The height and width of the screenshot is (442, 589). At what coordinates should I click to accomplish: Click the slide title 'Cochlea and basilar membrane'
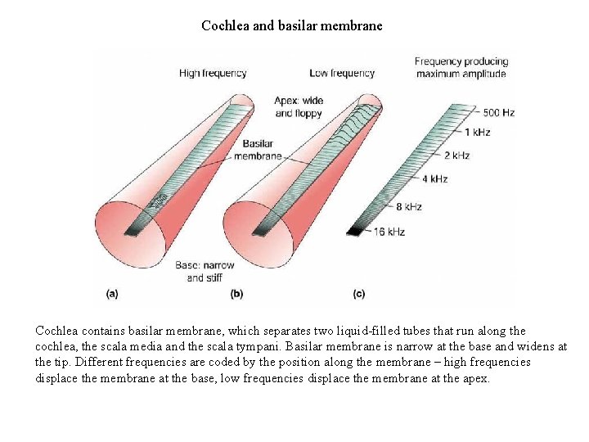[x=292, y=25]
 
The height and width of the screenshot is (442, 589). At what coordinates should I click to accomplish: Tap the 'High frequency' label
[x=213, y=73]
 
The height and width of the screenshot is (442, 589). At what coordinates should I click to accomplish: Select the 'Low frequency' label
[x=342, y=73]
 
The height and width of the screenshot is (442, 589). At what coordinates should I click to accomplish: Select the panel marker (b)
[x=236, y=292]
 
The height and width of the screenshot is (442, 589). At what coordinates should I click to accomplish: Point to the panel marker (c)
[x=359, y=292]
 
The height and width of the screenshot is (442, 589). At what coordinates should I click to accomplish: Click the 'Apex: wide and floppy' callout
[x=299, y=106]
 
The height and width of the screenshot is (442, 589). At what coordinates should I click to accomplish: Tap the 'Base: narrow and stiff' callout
[x=205, y=271]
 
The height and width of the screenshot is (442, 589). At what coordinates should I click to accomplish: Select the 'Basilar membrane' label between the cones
[x=258, y=150]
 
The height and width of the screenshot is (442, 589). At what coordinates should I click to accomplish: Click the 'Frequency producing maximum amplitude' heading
[x=461, y=67]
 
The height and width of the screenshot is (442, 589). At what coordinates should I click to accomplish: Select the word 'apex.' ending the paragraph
[x=474, y=378]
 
